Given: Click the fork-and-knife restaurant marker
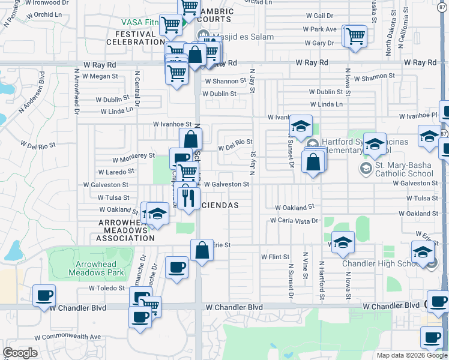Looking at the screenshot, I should click(x=188, y=198).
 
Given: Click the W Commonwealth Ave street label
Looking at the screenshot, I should click(x=68, y=337).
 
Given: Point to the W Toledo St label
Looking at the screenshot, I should click(x=106, y=288).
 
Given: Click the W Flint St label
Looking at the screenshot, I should click(x=275, y=257).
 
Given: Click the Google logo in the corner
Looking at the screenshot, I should click(x=20, y=353).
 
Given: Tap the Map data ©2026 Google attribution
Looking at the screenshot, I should click(x=412, y=355).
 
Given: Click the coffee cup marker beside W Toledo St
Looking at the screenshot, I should click(x=44, y=296).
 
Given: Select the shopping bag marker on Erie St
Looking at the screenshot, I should click(x=202, y=250).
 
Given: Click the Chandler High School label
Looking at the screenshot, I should click(x=381, y=264).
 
